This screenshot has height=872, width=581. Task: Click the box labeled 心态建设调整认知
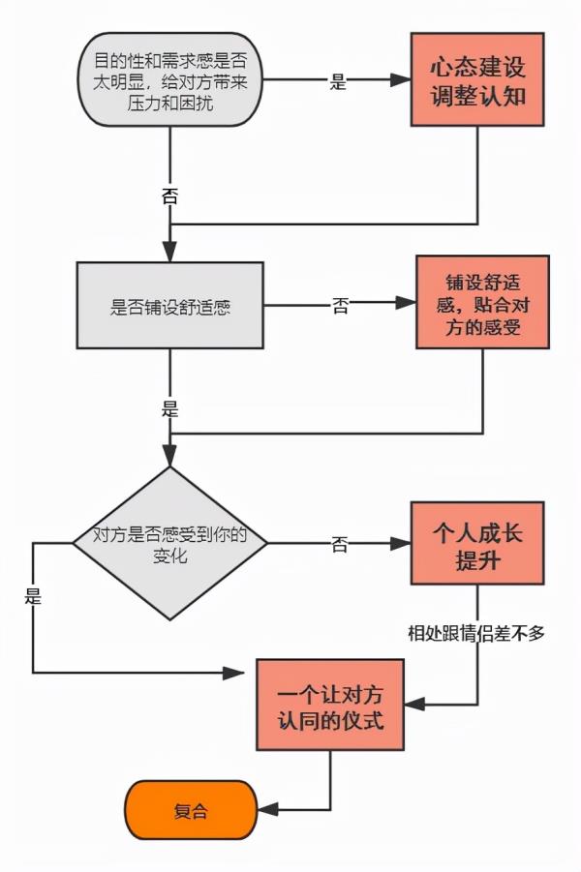[x=477, y=80]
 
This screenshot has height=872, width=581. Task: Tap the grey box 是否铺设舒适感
[x=169, y=306]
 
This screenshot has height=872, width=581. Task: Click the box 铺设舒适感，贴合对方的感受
[x=482, y=302]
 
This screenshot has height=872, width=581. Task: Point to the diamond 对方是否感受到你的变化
[x=169, y=543]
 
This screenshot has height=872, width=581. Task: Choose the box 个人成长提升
[x=477, y=543]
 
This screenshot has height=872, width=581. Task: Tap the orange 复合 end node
[x=191, y=808]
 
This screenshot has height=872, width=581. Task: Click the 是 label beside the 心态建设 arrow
[x=338, y=82]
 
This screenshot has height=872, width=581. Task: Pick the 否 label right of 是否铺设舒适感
[x=341, y=305]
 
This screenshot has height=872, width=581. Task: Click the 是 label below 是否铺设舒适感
[x=169, y=408]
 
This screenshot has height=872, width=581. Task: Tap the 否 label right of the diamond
[x=340, y=544]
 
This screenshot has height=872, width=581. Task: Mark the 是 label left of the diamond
[x=33, y=596]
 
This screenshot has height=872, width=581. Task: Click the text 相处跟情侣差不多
[x=477, y=633]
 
